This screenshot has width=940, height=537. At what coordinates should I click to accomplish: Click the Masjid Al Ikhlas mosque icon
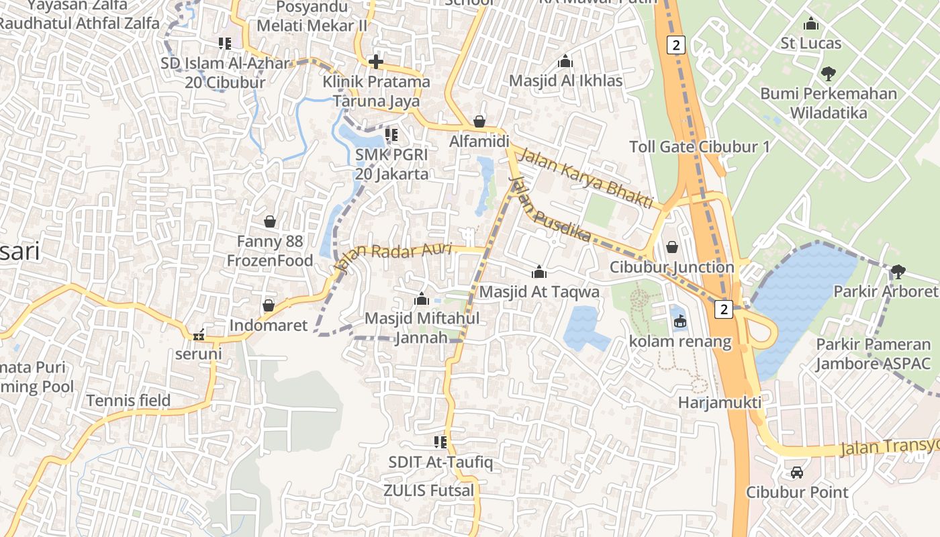tap(565, 61)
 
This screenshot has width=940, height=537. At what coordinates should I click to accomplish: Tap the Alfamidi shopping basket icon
tap(479, 121)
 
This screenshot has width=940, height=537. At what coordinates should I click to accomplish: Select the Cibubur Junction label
tap(671, 267)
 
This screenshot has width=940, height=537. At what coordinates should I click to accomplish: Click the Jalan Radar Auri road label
tap(394, 256)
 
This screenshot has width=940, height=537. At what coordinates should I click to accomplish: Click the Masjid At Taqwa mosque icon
tap(538, 272)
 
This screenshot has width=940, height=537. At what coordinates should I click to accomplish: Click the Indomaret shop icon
tap(269, 305)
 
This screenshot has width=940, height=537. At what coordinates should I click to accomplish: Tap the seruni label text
tap(198, 353)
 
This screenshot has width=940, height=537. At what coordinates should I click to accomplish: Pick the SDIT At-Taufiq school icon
tap(440, 442)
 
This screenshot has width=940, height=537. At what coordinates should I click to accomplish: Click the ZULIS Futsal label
tap(428, 491)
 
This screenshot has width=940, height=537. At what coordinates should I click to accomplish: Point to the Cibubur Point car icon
tap(797, 472)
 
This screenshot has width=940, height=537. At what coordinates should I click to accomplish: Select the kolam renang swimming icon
tap(680, 322)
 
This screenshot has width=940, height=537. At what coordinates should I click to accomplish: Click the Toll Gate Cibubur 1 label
tap(699, 147)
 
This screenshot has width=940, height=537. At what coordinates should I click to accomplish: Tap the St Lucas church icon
tap(811, 23)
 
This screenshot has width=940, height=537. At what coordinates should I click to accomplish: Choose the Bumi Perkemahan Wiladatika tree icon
tap(828, 73)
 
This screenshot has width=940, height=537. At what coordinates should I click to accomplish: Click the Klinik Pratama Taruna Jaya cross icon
tap(376, 62)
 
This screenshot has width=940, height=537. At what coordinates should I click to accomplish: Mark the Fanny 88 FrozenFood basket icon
tap(270, 221)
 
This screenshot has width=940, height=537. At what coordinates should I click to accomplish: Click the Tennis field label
tap(128, 401)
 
